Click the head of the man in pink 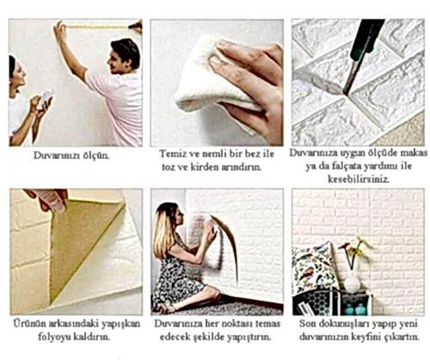(x=124, y=57)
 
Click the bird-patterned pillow (x=313, y=268)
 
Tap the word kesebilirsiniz (x=359, y=180)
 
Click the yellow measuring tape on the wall (x=96, y=27)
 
